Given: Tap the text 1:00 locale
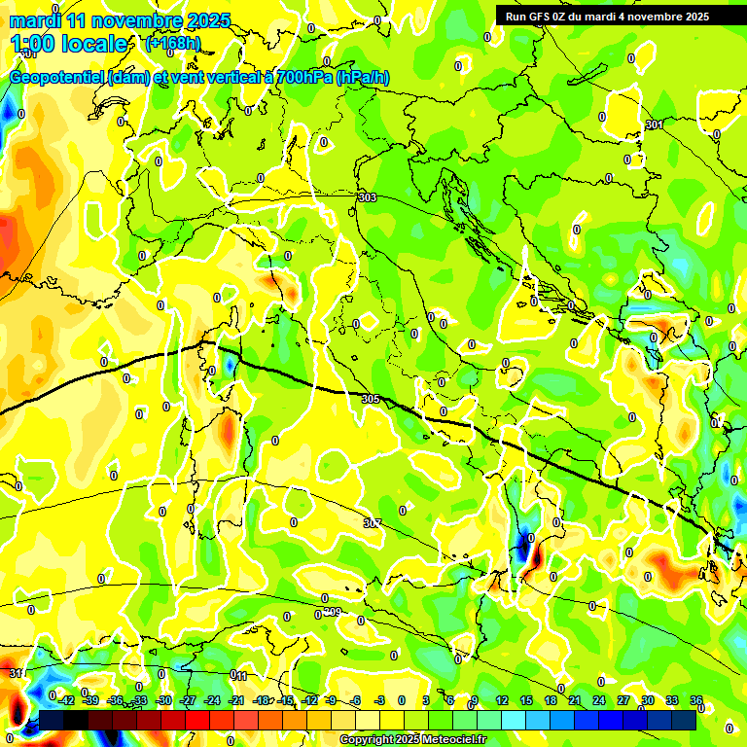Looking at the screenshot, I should click(69, 44).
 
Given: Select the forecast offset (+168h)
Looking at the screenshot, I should click(172, 43).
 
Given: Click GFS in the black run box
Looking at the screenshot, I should click(542, 17).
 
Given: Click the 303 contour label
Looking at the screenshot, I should click(367, 197).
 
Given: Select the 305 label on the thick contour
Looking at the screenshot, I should click(370, 399).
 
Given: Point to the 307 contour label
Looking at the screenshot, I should click(373, 523).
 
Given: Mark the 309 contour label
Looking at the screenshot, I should click(332, 612).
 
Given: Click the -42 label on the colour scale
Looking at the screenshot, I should click(66, 700).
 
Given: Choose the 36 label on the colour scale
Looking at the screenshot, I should click(696, 700).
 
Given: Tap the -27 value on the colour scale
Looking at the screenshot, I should click(189, 700).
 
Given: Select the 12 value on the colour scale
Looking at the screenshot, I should click(502, 700).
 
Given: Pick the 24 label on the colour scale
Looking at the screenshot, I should click(599, 700).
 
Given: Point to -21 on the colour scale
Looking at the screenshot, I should click(236, 700).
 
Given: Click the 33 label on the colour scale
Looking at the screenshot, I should click(672, 700).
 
